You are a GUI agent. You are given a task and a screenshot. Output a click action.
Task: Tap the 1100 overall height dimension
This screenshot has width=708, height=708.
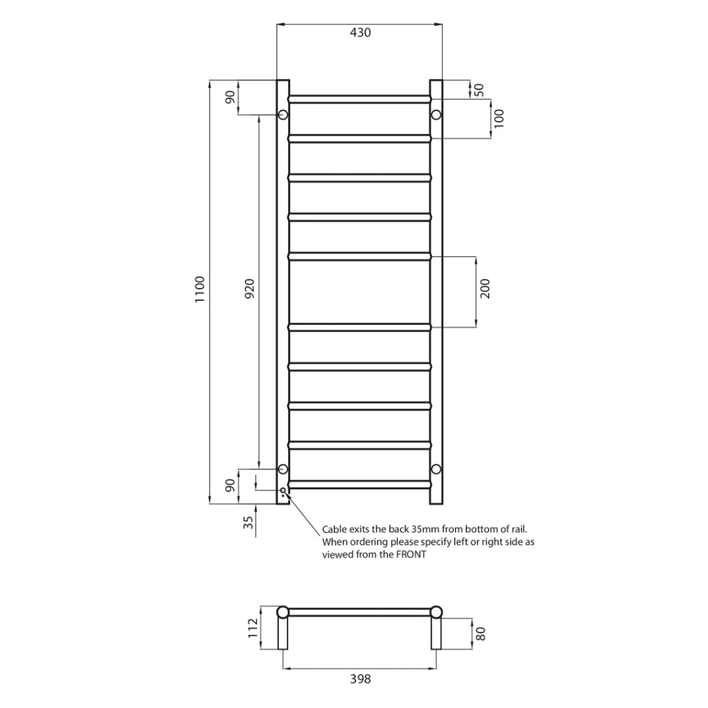click(x=200, y=291)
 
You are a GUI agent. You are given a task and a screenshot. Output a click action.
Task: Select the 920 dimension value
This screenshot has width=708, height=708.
click(x=249, y=291)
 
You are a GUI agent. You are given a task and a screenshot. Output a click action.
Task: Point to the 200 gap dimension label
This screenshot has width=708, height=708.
click(x=485, y=291)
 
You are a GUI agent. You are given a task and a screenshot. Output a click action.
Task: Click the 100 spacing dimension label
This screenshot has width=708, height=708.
click(x=500, y=118)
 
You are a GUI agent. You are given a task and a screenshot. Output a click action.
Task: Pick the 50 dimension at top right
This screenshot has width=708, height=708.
click(x=479, y=89)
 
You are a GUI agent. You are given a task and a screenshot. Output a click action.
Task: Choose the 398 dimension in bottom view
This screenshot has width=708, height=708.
click(x=360, y=680)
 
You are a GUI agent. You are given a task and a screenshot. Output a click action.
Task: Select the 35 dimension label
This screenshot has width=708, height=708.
click(x=247, y=523)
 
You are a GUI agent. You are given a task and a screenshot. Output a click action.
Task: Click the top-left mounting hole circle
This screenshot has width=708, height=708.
click(x=282, y=115)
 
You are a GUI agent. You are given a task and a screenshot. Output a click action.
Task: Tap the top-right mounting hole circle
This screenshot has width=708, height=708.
click(x=436, y=115)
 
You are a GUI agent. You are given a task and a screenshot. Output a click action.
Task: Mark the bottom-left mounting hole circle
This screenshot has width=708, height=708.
click(x=282, y=469)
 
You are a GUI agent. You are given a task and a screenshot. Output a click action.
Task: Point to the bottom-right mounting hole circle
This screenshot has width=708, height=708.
click(x=436, y=469)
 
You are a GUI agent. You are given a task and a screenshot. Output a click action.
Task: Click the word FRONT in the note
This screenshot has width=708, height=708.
click(x=411, y=555)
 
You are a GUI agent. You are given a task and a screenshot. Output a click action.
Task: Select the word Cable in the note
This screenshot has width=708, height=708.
click(x=334, y=529)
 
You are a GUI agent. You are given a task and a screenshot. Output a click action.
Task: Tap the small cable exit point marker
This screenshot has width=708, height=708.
click(x=283, y=491)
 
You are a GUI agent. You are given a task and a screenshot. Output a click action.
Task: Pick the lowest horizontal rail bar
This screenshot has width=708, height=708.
click(x=360, y=484)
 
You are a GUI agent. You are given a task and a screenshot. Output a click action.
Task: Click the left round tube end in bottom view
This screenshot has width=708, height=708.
click(x=282, y=612)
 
